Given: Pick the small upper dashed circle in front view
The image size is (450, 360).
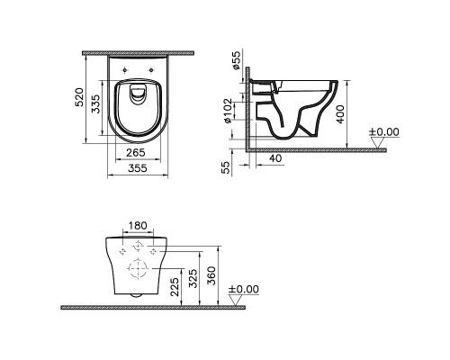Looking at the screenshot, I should pyautogui.click(x=138, y=246).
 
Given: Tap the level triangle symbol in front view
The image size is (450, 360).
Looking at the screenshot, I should pyautogui.click(x=237, y=301).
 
